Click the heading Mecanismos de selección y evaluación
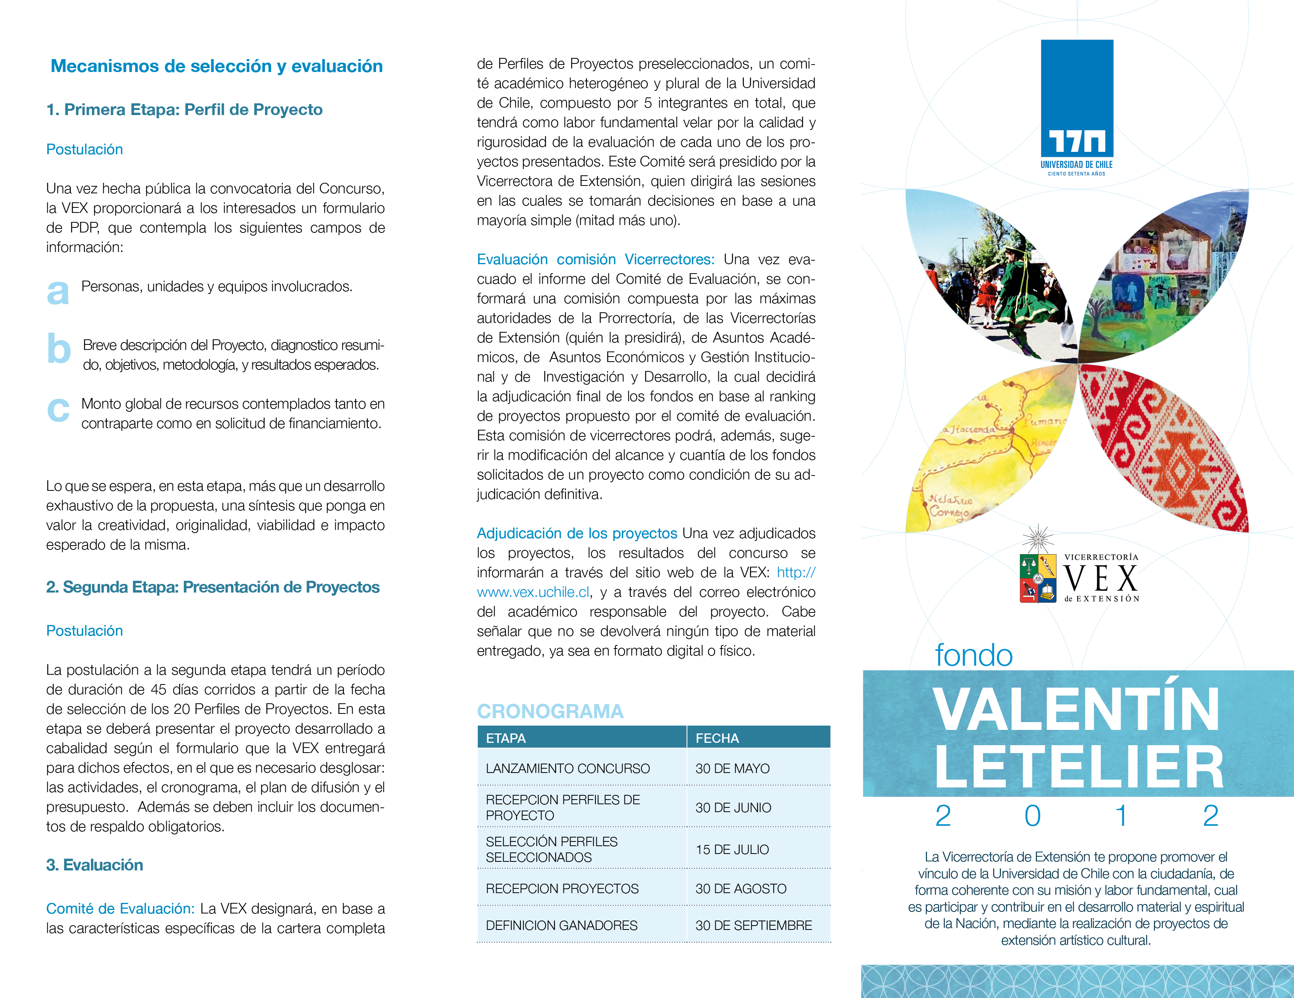(x=216, y=66)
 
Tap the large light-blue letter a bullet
(x=58, y=292)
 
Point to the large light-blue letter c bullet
(x=58, y=409)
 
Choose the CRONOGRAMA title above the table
(x=550, y=711)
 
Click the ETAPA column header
(x=506, y=738)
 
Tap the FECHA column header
(x=717, y=738)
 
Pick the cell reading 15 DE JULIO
(x=732, y=849)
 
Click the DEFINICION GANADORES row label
(x=561, y=925)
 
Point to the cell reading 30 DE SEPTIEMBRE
(x=754, y=925)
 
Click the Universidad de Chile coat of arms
(x=1037, y=577)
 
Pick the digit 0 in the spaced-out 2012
(x=1032, y=816)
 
